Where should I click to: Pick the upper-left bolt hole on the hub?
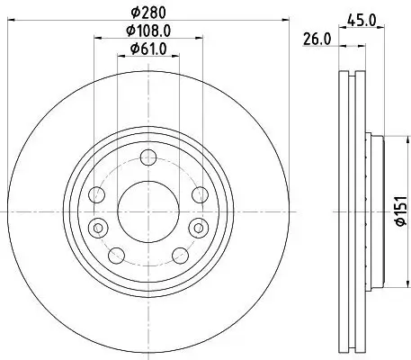98,193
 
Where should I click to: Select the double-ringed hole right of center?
194,225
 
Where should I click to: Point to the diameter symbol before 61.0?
131,49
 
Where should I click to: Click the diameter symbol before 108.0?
128,32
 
